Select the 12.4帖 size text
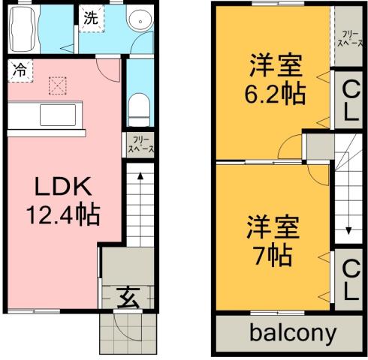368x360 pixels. tap(63, 216)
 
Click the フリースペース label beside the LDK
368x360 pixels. tap(140, 144)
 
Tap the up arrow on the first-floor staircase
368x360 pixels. tap(138, 180)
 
